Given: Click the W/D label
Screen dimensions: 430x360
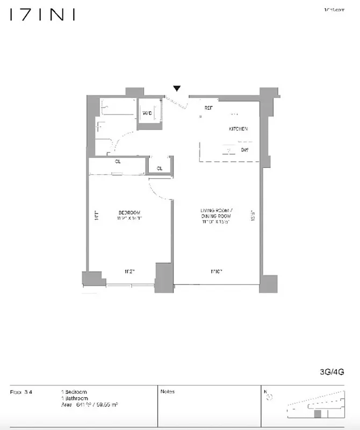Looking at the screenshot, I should (147, 113).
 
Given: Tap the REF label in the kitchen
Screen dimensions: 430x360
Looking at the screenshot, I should (209, 108).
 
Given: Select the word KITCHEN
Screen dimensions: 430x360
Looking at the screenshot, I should (238, 129).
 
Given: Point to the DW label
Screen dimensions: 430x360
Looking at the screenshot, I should (244, 150).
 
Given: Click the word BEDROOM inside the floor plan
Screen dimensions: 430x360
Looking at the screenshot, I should (129, 211).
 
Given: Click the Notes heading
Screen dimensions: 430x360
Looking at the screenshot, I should (167, 392).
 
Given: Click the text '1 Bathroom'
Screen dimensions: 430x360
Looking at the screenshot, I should (74, 398).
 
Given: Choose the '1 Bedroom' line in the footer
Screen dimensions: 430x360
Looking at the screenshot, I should (74, 392).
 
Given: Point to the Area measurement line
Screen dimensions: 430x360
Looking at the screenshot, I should (89, 404).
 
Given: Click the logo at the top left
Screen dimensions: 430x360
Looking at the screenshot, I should (41, 15).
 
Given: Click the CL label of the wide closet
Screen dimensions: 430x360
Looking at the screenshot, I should (117, 161).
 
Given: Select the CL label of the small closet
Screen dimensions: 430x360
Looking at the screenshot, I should (160, 169).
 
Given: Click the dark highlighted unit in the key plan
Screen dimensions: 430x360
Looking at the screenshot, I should (317, 414).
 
